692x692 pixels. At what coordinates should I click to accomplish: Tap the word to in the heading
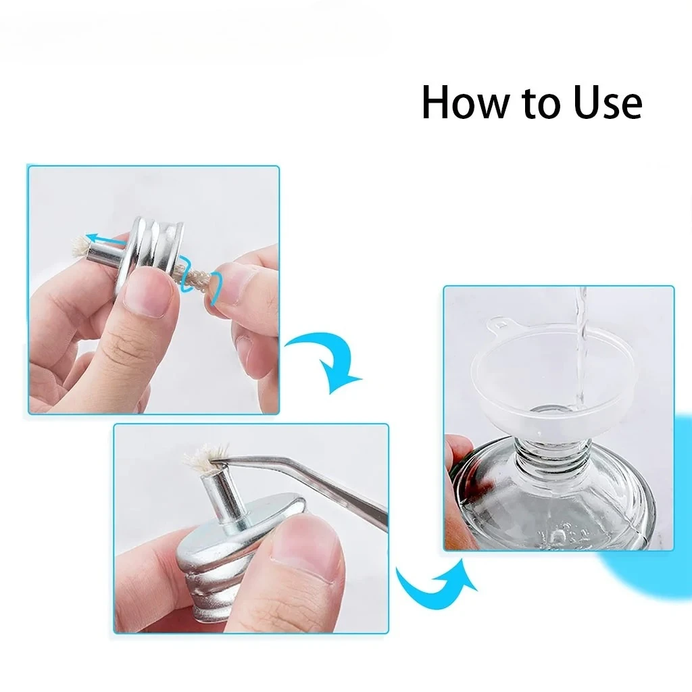click(541, 103)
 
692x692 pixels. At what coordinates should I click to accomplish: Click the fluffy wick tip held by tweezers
click(206, 458)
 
